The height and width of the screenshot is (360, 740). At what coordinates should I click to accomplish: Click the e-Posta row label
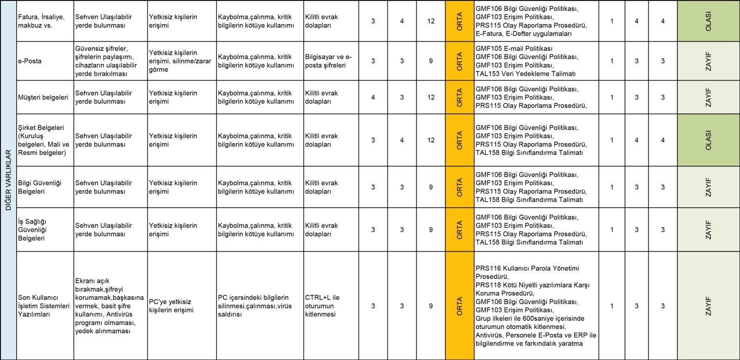pyautogui.click(x=30, y=61)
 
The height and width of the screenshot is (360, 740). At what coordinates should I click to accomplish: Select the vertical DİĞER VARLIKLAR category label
pyautogui.click(x=8, y=180)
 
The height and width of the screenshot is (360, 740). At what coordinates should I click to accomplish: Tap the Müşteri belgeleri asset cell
pyautogui.click(x=43, y=97)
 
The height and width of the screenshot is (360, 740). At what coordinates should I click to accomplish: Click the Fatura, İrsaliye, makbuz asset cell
pyautogui.click(x=41, y=21)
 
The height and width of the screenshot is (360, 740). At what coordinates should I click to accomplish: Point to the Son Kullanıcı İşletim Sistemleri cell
pyautogui.click(x=43, y=306)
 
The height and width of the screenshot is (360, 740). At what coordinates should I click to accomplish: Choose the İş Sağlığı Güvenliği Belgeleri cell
pyautogui.click(x=32, y=230)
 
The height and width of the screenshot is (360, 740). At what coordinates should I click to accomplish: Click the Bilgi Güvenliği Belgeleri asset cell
pyautogui.click(x=40, y=187)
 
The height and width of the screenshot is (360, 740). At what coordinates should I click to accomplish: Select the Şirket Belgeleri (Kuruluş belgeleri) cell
pyautogui.click(x=43, y=140)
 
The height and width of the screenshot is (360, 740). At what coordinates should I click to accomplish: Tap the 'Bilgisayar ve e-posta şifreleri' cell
pyautogui.click(x=328, y=61)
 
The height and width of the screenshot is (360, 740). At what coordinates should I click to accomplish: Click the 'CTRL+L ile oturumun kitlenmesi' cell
pyautogui.click(x=322, y=306)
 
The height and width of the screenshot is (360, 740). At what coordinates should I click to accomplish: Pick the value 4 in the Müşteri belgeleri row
pyautogui.click(x=373, y=97)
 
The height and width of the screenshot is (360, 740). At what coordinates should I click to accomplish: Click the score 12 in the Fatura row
pyautogui.click(x=431, y=21)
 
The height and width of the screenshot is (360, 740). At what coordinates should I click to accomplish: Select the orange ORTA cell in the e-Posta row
pyautogui.click(x=460, y=61)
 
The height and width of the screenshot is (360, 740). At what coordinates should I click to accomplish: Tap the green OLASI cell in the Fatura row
pyautogui.click(x=708, y=21)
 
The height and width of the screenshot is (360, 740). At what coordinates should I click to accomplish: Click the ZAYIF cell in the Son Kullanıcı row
pyautogui.click(x=708, y=306)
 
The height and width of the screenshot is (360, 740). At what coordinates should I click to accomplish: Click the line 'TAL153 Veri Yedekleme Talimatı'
pyautogui.click(x=525, y=74)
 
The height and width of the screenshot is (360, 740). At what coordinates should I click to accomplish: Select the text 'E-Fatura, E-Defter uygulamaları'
pyautogui.click(x=524, y=34)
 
